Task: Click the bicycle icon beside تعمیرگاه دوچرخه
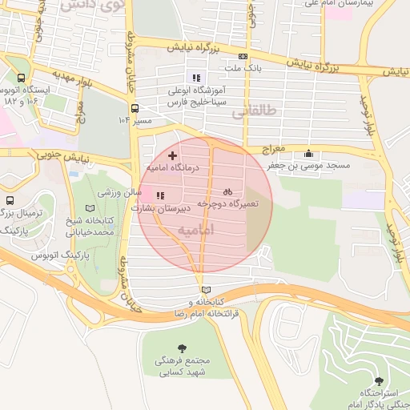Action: [227, 191]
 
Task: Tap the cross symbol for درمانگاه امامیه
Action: [172, 153]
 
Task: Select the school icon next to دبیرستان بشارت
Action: [160, 195]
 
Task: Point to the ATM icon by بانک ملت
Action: [243, 55]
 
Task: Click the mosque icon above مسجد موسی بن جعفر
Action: [309, 154]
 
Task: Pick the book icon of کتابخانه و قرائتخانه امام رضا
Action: [207, 289]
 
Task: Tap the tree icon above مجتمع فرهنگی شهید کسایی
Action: [182, 347]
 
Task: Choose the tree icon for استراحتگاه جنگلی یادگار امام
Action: [379, 380]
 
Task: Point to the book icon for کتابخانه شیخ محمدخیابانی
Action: [89, 207]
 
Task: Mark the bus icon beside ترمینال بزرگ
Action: [9, 200]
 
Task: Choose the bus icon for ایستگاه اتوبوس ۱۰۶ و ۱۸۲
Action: [20, 79]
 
